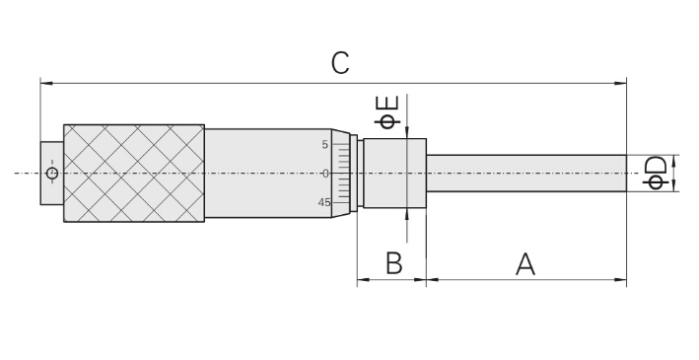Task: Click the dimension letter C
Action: (340, 63)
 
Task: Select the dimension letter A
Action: (525, 263)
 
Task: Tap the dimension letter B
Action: (393, 263)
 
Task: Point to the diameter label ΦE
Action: (386, 111)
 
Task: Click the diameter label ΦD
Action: (657, 173)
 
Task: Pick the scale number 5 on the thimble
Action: (324, 145)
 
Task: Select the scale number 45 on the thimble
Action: (324, 202)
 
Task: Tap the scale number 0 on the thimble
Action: (325, 174)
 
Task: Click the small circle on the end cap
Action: (52, 173)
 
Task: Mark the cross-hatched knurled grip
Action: (134, 173)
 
